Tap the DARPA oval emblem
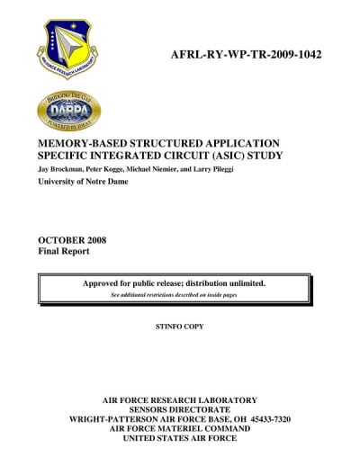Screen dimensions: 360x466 (x=68, y=110)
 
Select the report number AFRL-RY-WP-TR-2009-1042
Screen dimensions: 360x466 (x=246, y=55)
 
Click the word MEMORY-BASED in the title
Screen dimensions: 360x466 (x=79, y=143)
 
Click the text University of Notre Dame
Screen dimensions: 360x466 (x=83, y=181)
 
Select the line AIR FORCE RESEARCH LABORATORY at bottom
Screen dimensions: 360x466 (x=181, y=399)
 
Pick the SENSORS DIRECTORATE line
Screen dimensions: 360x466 (x=181, y=409)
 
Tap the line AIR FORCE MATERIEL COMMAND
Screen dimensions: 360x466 (x=181, y=429)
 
